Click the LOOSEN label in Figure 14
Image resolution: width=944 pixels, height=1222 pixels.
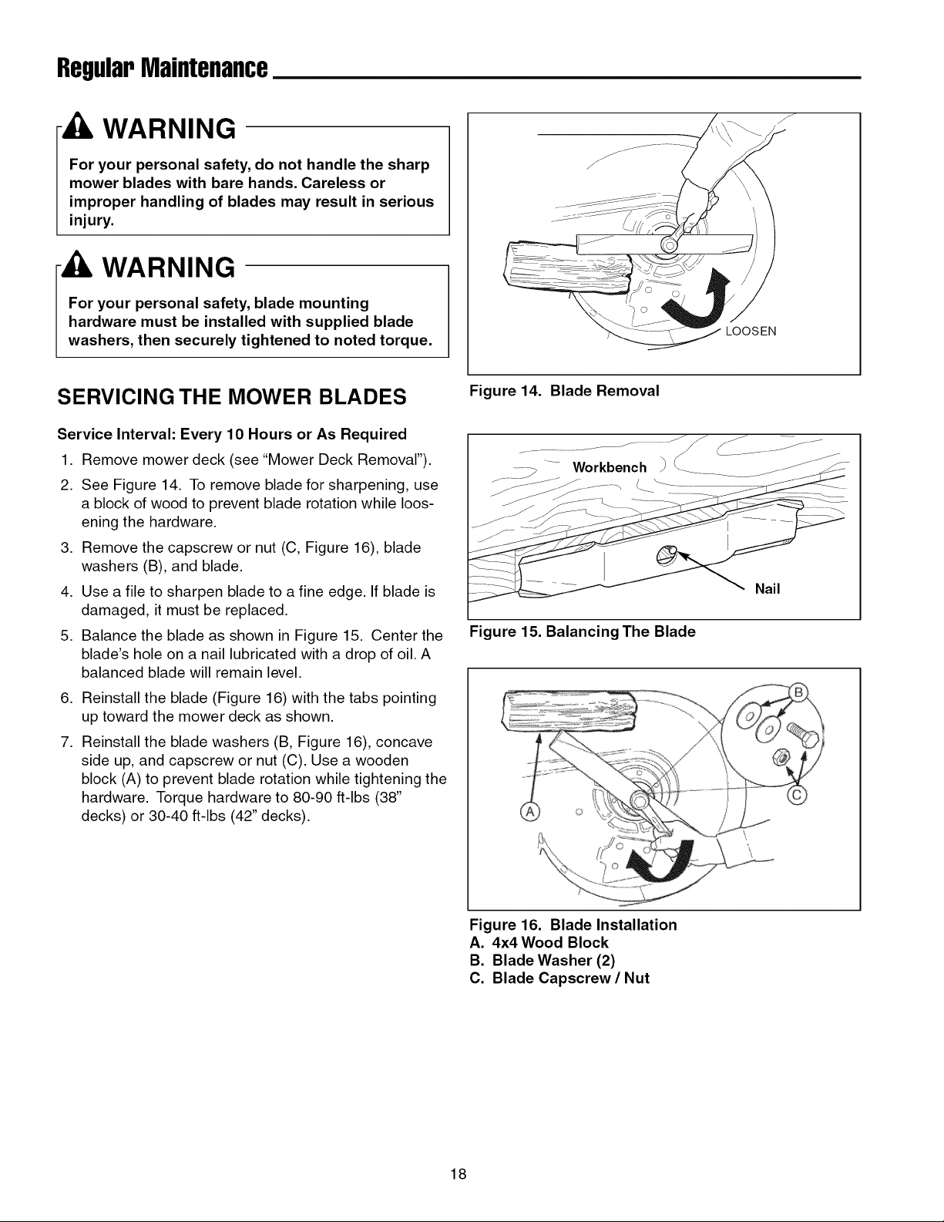pyautogui.click(x=751, y=332)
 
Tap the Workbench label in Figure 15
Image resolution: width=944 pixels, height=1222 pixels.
pyautogui.click(x=610, y=467)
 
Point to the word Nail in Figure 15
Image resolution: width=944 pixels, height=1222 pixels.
pyautogui.click(x=768, y=589)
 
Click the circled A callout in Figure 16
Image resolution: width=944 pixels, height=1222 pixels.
pyautogui.click(x=530, y=812)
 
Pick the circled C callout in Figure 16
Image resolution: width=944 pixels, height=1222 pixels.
pyautogui.click(x=798, y=795)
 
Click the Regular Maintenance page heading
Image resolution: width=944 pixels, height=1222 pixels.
pyautogui.click(x=163, y=69)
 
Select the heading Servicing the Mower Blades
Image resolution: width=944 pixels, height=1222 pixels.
pyautogui.click(x=231, y=397)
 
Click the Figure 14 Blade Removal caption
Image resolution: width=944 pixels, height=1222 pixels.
pyautogui.click(x=564, y=391)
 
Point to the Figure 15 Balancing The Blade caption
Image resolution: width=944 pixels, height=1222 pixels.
pyautogui.click(x=582, y=631)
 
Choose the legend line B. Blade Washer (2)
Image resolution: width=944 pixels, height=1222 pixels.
pyautogui.click(x=543, y=960)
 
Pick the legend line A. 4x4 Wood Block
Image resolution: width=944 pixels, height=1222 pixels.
pyautogui.click(x=539, y=942)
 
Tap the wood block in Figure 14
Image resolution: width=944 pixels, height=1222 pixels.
pyautogui.click(x=567, y=263)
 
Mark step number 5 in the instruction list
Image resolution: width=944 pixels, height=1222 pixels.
pyautogui.click(x=66, y=636)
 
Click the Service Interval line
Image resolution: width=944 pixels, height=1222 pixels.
pyautogui.click(x=231, y=434)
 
